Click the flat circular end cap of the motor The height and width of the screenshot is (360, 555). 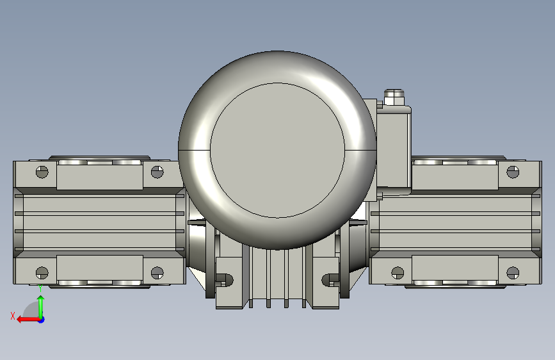(x=277, y=151)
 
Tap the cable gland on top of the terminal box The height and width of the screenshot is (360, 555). (x=394, y=97)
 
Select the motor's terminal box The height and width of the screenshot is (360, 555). (x=394, y=151)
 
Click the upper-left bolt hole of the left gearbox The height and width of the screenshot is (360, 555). (x=42, y=172)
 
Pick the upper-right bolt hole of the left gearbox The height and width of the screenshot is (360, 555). (x=157, y=172)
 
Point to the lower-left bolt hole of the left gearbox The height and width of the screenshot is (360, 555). (x=42, y=272)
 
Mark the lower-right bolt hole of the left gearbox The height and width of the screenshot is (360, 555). (x=157, y=272)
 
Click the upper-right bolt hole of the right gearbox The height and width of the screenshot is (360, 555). (x=513, y=172)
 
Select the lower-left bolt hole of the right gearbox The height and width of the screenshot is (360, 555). (x=398, y=272)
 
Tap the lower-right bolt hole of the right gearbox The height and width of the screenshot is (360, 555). (x=513, y=272)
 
